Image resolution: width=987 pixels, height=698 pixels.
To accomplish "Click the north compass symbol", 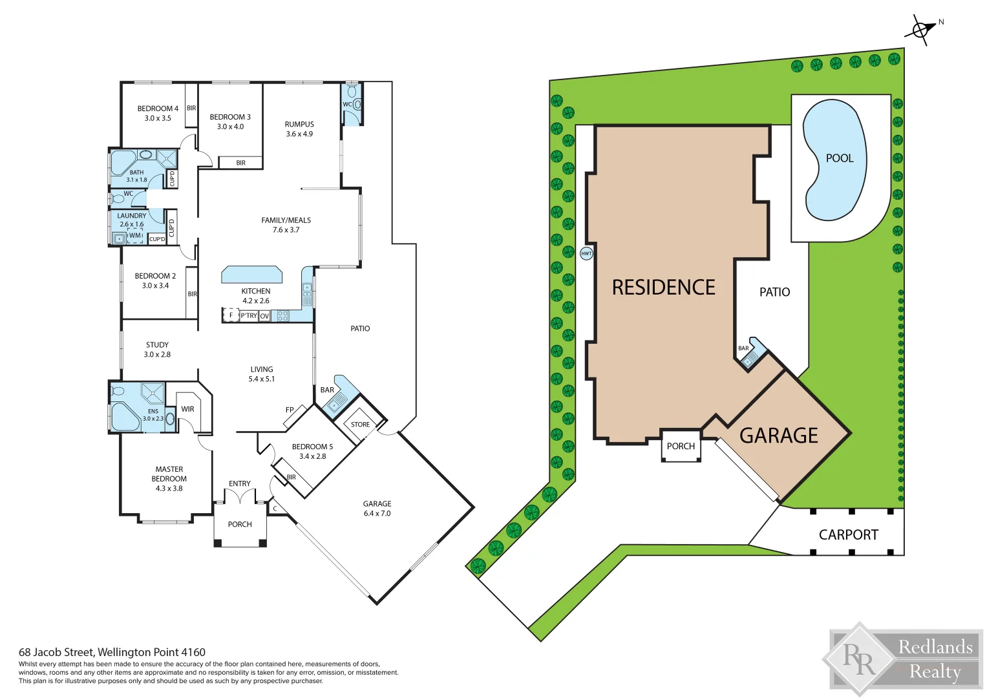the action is pos(921,30).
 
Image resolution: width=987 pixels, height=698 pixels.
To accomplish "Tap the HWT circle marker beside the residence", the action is pos(586,253).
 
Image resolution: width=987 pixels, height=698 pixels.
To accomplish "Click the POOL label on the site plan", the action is pos(839,158).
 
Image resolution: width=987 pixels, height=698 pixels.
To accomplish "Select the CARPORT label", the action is pos(848,535).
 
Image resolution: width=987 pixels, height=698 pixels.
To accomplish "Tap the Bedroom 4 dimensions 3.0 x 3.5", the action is pos(158,118).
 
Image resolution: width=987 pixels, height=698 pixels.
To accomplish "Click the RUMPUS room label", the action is pos(299,124).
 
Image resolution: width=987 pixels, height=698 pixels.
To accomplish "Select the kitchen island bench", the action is pos(252,275).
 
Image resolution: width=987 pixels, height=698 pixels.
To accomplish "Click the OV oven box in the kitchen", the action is pos(264,316).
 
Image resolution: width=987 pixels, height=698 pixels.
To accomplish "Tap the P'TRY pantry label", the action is pos(249,316).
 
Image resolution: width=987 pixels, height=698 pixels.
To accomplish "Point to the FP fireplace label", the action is pos(290,410).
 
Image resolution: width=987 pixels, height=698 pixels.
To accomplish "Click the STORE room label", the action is pos(360,425).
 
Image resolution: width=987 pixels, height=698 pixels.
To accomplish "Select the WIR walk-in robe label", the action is pos(187,409).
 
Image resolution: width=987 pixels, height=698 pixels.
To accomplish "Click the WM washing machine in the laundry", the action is pos(134,236).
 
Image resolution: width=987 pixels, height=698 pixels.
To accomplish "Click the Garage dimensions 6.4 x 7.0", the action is pos(377,514).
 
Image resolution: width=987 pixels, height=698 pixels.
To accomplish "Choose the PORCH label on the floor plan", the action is pos(240,524).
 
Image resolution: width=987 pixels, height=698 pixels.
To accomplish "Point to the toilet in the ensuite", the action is pos(118,391).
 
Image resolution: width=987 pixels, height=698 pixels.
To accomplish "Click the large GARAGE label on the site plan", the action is pos(778,436).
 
